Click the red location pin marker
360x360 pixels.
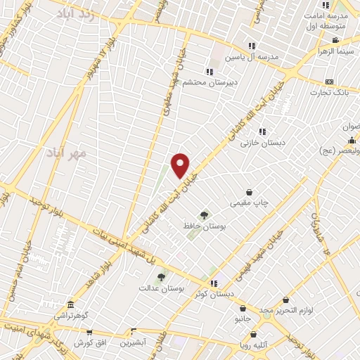coord(181,165)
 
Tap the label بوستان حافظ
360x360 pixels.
coord(204,226)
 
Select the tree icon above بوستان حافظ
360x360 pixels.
coord(204,215)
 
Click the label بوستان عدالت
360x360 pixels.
coord(161,288)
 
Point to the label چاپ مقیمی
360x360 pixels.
coord(250,203)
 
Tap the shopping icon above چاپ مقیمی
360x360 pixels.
coord(250,192)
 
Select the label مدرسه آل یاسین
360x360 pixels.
coord(252,57)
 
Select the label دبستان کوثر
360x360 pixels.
coord(214,295)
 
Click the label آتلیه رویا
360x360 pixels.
coord(253,345)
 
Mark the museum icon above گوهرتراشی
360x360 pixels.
coord(70,305)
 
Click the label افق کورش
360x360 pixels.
coord(89,342)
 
